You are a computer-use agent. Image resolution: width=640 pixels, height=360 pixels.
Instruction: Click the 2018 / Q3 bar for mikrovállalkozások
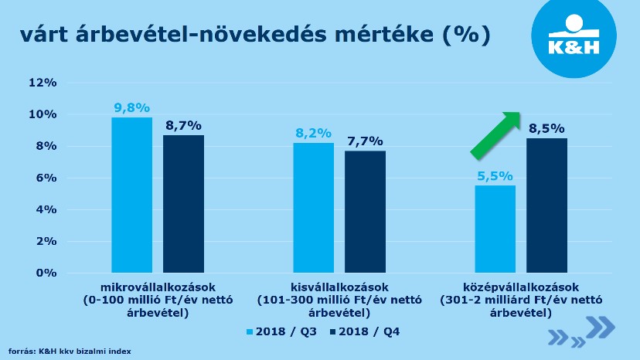point(132,195)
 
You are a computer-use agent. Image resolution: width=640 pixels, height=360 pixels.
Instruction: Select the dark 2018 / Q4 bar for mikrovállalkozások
point(183,204)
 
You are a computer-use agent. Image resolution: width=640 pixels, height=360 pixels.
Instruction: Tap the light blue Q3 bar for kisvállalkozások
point(314,208)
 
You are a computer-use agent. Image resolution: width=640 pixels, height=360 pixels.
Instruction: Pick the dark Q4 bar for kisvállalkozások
point(365,212)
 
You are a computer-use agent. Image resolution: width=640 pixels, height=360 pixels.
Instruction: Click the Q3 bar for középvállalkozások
point(495,229)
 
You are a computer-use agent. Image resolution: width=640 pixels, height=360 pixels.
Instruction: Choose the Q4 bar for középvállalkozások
point(546,205)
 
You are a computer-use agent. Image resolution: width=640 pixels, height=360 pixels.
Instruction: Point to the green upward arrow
point(495,134)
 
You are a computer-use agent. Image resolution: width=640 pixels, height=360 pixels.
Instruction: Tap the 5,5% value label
point(495,175)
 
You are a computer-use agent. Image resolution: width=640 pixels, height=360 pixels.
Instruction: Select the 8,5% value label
point(546,129)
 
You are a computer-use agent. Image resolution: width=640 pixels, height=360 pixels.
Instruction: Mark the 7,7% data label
point(365,141)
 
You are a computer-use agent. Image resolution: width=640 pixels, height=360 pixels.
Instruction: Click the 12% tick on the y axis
point(44,83)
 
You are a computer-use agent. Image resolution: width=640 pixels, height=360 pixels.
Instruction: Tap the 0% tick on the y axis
point(47,273)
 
